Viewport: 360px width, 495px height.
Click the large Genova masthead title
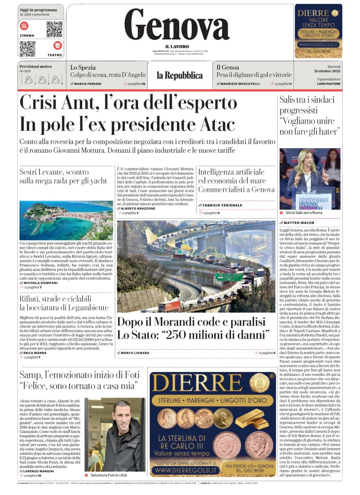coord(177,25)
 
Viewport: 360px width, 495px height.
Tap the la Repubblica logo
coord(180,76)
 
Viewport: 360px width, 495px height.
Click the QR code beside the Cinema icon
coord(54,29)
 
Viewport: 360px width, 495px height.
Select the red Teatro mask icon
coord(57,45)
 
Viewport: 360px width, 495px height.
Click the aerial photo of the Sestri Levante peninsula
coord(66,220)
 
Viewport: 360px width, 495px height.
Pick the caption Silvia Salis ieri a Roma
coord(304,213)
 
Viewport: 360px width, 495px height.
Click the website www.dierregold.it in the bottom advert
coord(186,470)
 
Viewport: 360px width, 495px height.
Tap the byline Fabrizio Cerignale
coord(222,205)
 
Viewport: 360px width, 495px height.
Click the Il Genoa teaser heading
coord(228,67)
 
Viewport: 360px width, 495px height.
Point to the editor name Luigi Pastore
coord(329,84)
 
